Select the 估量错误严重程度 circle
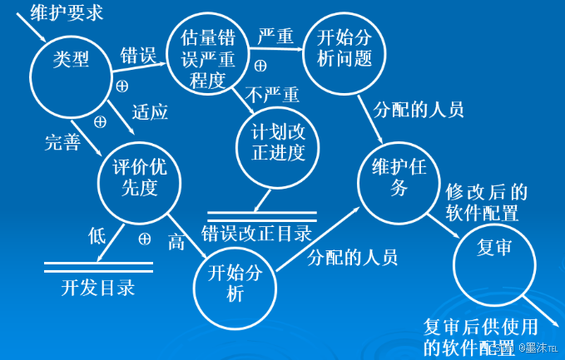(204, 59)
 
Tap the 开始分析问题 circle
(342, 50)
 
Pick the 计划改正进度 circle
(278, 142)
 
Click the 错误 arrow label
(138, 57)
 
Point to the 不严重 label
(272, 94)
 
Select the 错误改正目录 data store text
(256, 233)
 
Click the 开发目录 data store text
(97, 288)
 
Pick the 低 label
(97, 235)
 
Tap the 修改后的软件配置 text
(487, 202)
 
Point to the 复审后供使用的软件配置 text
(480, 336)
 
